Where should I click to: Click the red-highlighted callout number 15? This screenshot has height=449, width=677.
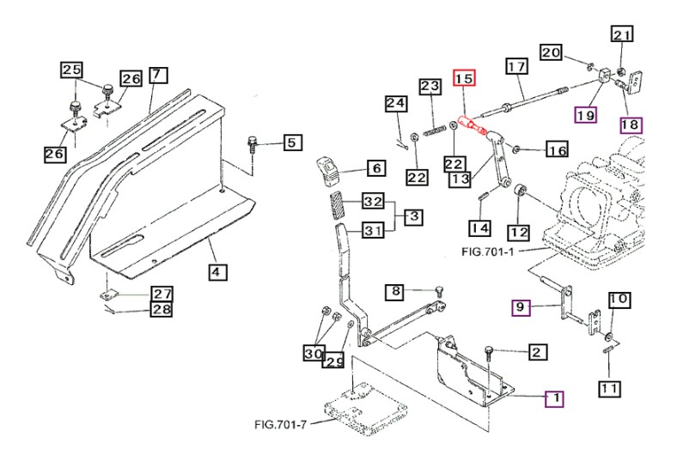pos(464,78)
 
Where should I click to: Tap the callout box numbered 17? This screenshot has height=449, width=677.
pos(517,66)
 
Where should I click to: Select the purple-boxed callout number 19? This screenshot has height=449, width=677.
pos(585,115)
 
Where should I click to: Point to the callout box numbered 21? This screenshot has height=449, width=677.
pos(622,34)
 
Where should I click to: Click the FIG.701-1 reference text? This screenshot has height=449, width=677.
pos(488,252)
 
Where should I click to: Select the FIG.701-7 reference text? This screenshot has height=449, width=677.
pos(280,425)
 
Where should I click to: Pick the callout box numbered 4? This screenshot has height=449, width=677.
pos(217,272)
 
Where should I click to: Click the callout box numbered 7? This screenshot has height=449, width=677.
pos(158,75)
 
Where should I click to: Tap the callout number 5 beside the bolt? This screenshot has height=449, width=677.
pos(293,143)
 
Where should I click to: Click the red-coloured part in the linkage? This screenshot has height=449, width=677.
pos(472,124)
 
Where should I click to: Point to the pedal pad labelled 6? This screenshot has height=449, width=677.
pos(330,172)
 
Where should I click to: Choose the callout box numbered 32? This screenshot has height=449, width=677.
pos(373,201)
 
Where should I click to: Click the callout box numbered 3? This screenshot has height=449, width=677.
pos(413,216)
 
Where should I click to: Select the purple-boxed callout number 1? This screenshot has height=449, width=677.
pos(555,399)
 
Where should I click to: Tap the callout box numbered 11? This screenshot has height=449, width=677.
pos(609,389)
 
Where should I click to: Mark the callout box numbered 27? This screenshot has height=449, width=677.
pos(162,294)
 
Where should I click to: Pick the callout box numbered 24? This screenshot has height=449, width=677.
pos(396,104)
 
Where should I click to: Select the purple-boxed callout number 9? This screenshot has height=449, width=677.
pos(521,307)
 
